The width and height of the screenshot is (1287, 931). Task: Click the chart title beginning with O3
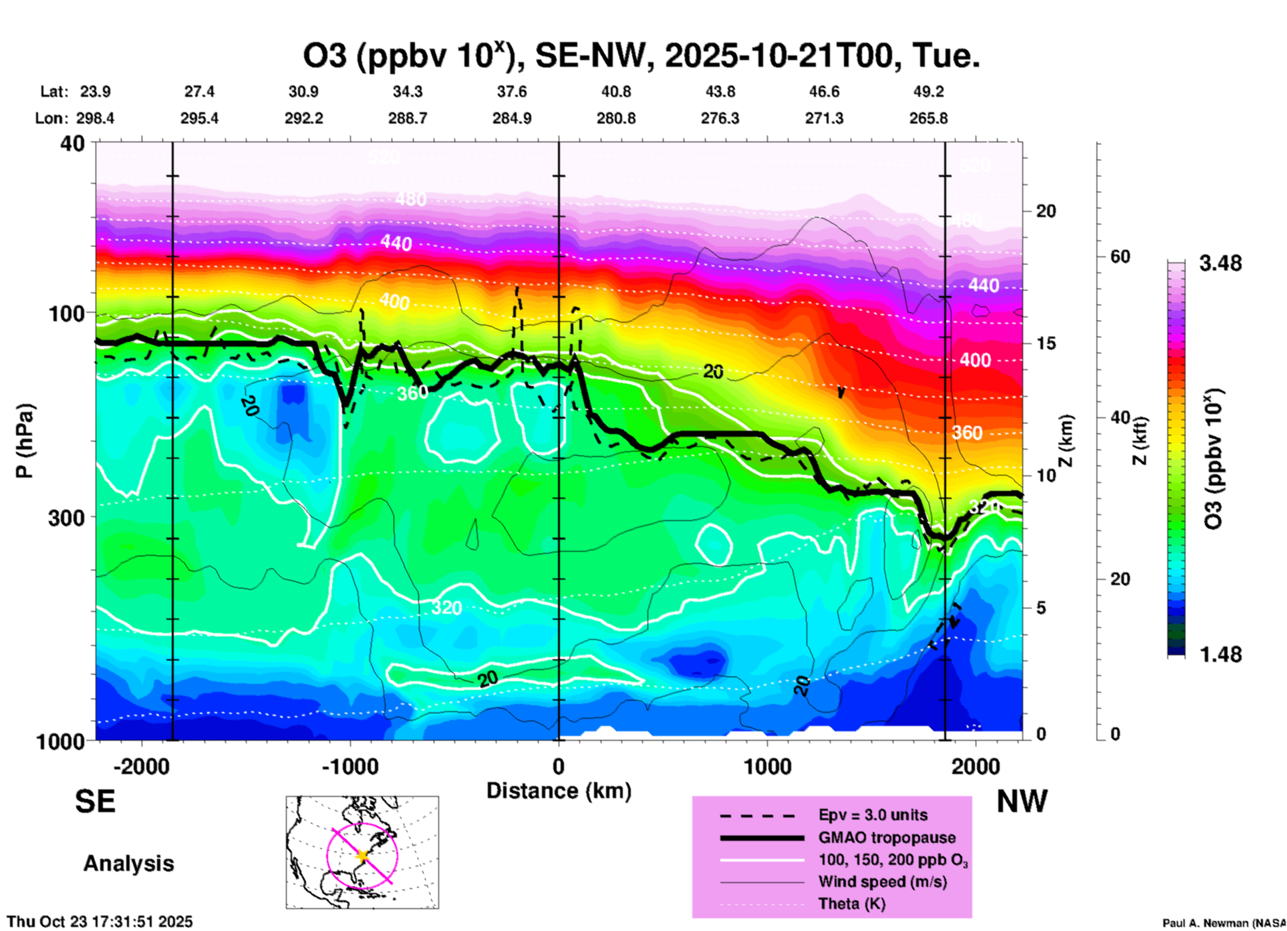(641, 56)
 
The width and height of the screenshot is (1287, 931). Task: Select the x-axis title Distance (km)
(559, 791)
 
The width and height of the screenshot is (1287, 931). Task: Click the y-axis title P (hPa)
(24, 441)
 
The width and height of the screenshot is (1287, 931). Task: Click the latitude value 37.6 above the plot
(512, 91)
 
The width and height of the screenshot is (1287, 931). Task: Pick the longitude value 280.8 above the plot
(616, 118)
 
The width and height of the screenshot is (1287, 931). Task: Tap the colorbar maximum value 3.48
(1220, 264)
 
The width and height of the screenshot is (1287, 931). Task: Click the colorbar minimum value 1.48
(1220, 655)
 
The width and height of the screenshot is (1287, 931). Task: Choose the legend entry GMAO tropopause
(887, 837)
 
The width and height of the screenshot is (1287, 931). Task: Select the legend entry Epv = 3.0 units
(873, 815)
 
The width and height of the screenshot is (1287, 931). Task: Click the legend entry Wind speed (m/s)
(882, 882)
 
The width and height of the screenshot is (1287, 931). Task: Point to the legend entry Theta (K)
(852, 904)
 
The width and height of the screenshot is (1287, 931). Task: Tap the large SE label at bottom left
(95, 801)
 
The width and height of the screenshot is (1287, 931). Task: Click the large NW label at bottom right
(1022, 801)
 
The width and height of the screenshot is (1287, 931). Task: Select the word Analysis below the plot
(128, 864)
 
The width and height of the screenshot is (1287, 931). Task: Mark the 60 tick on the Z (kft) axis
(1120, 256)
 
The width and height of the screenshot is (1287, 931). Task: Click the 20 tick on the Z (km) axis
(1046, 211)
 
